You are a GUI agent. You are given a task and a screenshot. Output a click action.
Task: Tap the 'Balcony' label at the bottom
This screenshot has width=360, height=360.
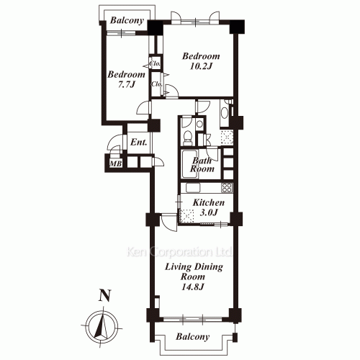click(x=193, y=337)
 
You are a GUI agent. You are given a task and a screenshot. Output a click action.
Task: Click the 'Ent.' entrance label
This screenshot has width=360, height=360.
click(x=139, y=143)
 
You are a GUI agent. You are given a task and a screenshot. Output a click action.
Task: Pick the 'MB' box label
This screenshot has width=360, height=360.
click(x=115, y=164)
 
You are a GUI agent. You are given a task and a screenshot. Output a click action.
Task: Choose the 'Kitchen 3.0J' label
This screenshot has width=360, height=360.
click(x=210, y=208)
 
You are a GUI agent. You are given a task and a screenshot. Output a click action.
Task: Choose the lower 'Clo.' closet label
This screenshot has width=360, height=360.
click(x=156, y=84)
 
